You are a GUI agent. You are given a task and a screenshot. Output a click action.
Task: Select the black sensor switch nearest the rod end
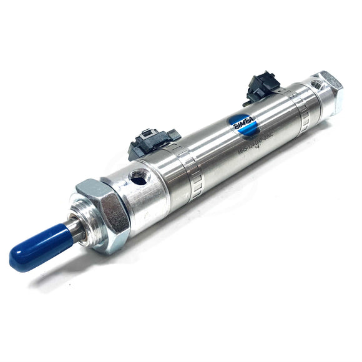[153, 141]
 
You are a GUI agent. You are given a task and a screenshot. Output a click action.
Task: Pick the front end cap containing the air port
[144, 187]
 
